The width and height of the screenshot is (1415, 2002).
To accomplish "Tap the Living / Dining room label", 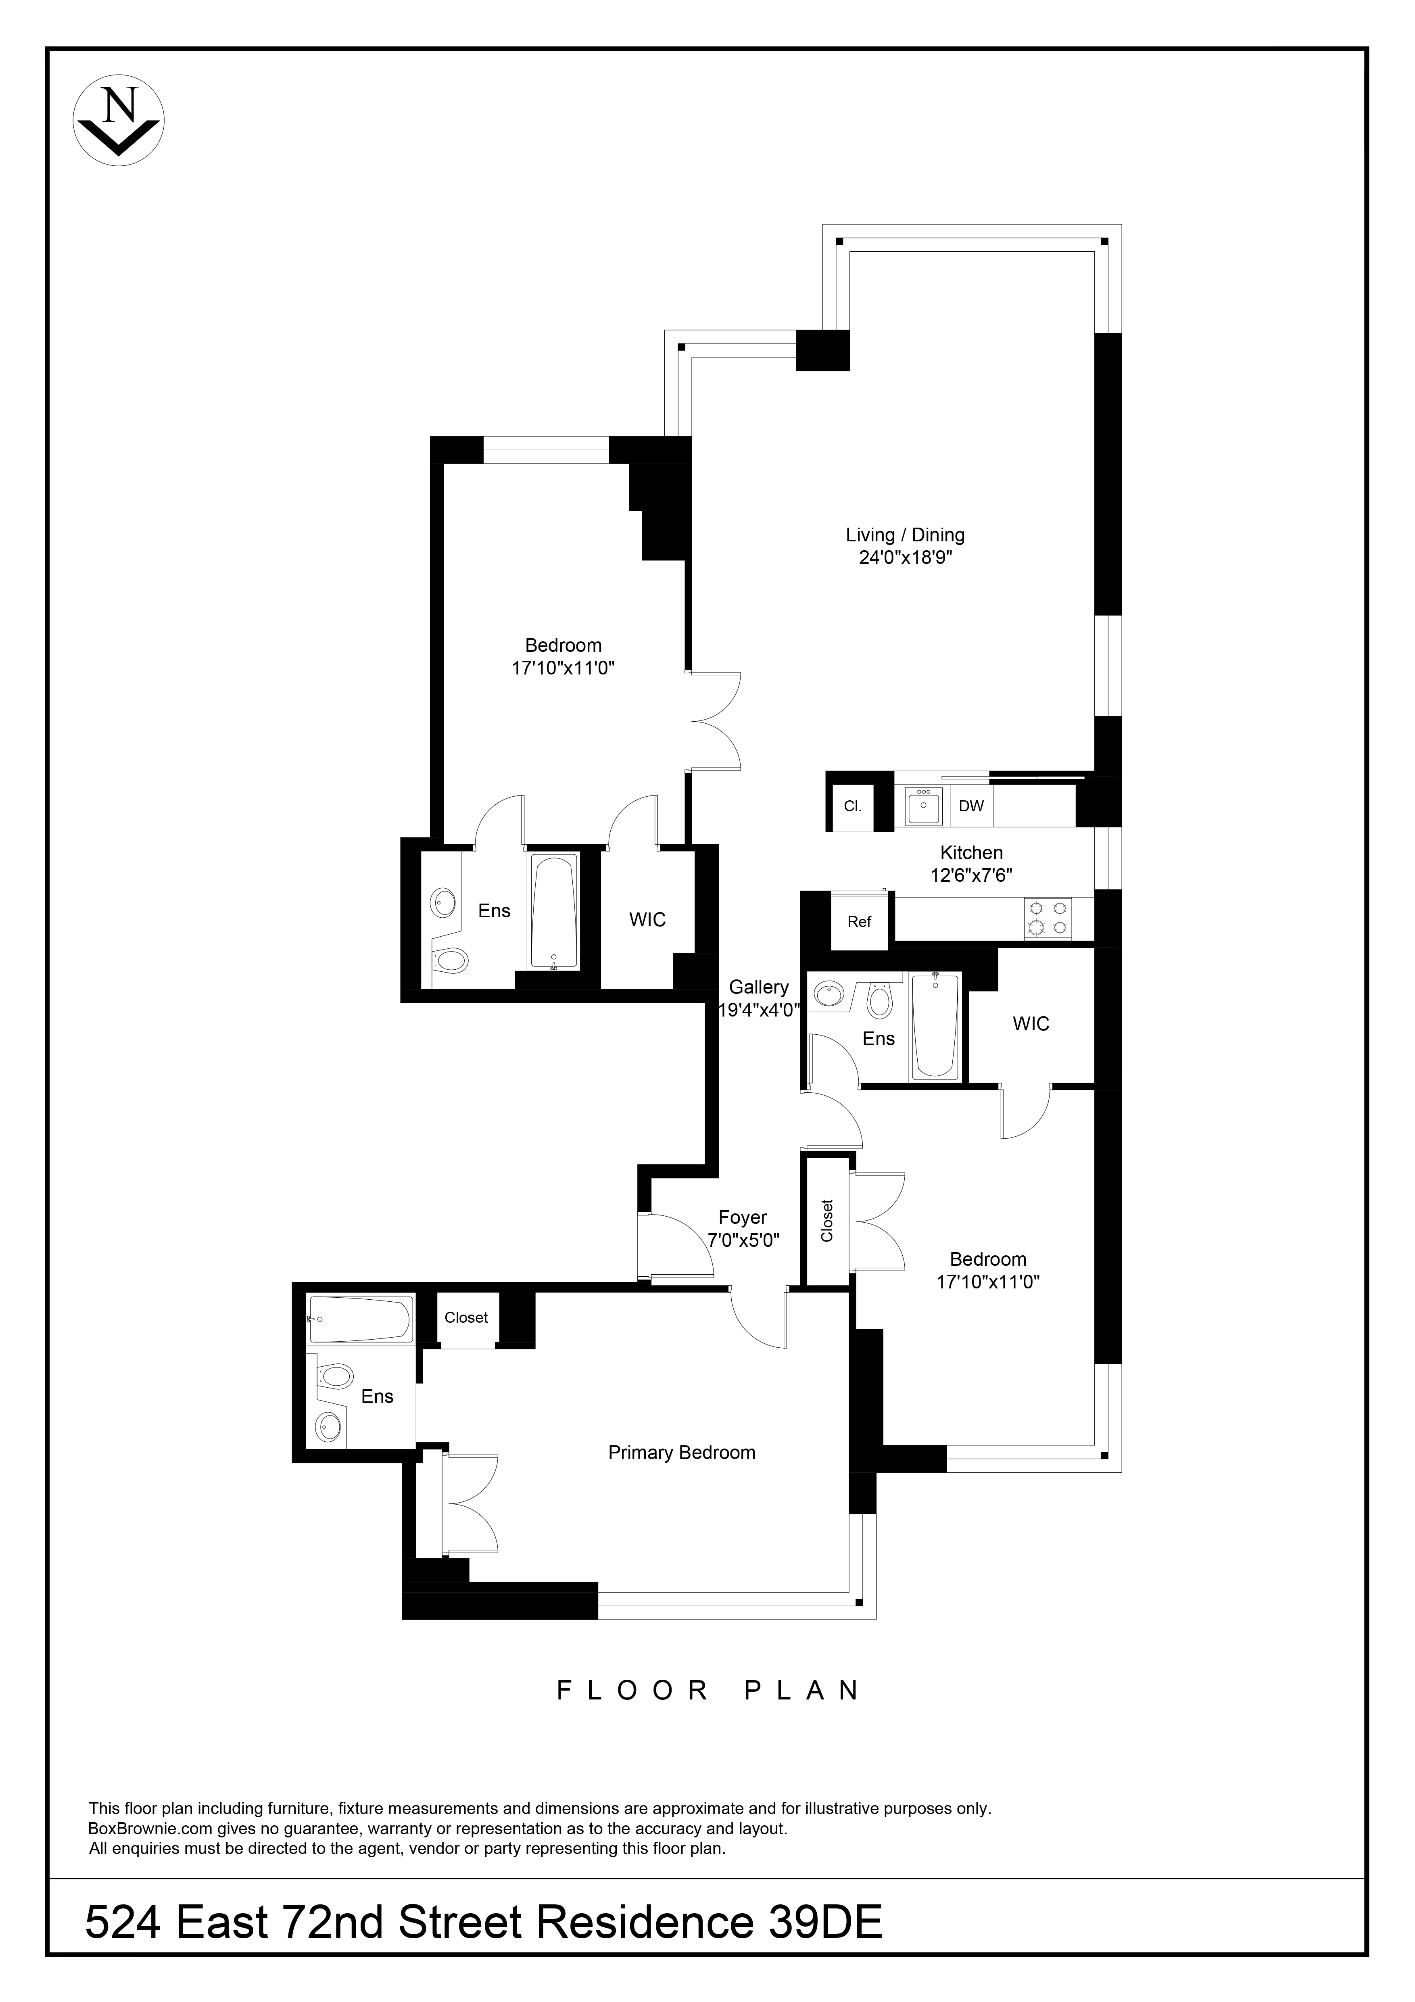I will [x=905, y=535].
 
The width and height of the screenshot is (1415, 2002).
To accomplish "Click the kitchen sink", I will [x=922, y=806].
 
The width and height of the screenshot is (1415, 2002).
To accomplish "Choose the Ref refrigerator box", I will [x=859, y=922].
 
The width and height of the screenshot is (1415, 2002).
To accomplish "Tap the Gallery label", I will [x=758, y=987].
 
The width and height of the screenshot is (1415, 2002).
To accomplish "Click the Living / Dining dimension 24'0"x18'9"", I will [x=905, y=558].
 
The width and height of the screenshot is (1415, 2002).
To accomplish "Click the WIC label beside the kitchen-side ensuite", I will [x=1031, y=1024].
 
